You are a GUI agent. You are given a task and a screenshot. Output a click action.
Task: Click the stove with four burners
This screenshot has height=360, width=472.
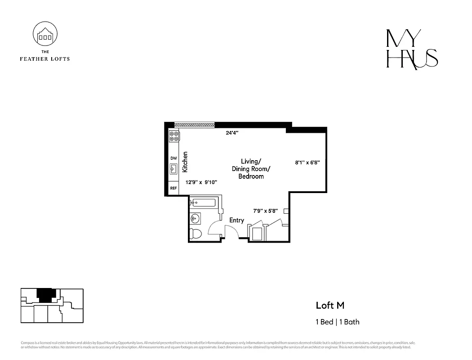174,136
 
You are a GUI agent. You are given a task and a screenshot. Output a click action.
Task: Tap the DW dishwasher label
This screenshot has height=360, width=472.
174,158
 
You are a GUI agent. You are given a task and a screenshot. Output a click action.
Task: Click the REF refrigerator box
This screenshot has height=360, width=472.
174,189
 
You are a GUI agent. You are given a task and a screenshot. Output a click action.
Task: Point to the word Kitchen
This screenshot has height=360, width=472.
185,162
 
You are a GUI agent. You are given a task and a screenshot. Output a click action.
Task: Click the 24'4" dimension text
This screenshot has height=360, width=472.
232,133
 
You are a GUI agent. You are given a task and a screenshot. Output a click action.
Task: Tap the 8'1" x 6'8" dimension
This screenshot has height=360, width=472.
307,162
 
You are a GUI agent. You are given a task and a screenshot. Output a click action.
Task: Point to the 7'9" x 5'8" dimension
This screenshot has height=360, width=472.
265,210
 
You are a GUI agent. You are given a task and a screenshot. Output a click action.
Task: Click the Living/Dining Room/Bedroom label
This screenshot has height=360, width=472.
251,169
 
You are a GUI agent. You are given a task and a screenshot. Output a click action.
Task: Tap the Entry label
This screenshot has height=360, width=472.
236,220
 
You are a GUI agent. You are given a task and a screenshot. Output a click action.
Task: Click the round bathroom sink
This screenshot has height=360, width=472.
195,219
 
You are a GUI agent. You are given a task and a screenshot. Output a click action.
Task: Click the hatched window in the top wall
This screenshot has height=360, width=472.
194,125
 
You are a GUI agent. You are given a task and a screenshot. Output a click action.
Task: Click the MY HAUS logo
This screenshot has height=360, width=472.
412,49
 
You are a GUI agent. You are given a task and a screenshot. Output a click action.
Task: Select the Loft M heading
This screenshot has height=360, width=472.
330,306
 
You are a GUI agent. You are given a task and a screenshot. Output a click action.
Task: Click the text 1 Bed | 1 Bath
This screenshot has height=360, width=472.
337,322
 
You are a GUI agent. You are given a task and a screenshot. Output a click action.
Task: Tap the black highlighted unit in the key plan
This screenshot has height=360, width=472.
45,295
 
